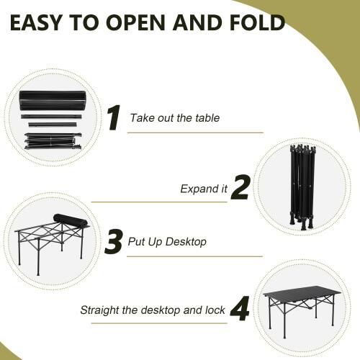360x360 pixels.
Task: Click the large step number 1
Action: click(113, 118)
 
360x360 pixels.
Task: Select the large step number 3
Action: click(113, 242)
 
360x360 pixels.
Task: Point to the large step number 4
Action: click(240, 310)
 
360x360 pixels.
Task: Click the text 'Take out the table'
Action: click(174, 118)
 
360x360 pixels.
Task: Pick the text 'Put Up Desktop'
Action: click(166, 242)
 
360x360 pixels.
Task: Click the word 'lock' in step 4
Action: click(215, 311)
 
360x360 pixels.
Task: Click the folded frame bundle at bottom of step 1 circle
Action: click(53, 141)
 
